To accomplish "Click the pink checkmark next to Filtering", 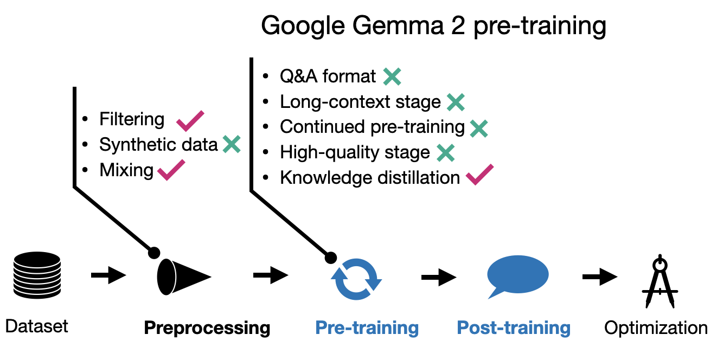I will point(190,120).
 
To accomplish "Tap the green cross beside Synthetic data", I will point(231,144).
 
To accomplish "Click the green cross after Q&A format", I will point(392,76).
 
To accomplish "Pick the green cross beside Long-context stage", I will point(456,102).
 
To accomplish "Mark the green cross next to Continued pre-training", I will point(478,127).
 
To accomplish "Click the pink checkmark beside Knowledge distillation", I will point(479,175).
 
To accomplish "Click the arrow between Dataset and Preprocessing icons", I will point(108,276).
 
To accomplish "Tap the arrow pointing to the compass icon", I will point(599,277).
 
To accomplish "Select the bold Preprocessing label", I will point(207,328).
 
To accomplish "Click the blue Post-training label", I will point(514,328).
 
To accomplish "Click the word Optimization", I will point(656,328).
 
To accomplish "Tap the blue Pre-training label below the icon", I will point(367,328).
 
